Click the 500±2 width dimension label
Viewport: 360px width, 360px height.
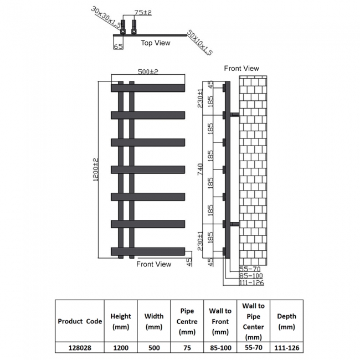(148, 72)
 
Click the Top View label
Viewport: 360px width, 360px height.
(156, 43)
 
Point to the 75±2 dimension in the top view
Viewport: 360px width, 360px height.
(143, 13)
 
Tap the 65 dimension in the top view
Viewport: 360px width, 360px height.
(117, 47)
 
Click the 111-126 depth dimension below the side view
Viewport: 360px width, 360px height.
(250, 282)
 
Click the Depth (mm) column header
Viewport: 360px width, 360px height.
(287, 321)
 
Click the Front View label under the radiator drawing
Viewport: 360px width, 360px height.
(154, 264)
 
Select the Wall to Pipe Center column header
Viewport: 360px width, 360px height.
(253, 321)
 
